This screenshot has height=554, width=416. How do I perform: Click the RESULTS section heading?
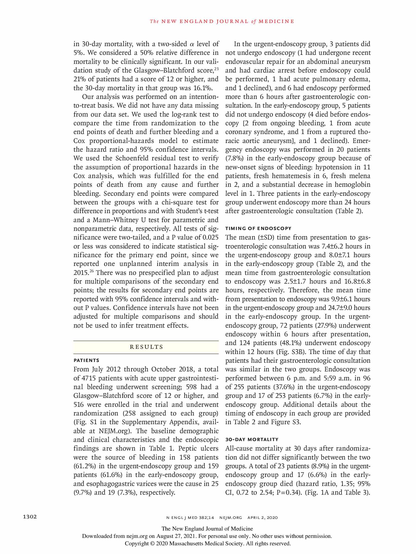(146, 347)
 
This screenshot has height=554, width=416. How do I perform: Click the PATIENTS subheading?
(86, 360)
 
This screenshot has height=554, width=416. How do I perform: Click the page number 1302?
(30, 517)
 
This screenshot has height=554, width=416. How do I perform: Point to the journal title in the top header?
(222, 21)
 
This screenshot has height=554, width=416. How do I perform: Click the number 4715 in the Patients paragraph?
(88, 378)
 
